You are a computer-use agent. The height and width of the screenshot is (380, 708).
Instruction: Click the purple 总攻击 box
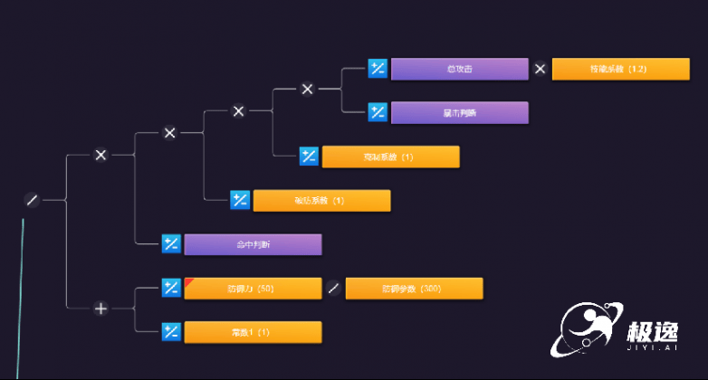[459, 69]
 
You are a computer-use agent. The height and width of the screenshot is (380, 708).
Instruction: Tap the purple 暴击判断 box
[459, 112]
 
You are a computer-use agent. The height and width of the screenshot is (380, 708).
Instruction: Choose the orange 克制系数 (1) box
[390, 157]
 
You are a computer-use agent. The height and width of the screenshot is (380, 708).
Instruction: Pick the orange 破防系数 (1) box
[321, 200]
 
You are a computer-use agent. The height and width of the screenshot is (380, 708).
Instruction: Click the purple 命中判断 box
[253, 244]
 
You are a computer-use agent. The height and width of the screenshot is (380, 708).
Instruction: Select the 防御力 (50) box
[253, 289]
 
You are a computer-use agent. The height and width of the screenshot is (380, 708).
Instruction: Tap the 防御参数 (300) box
[414, 289]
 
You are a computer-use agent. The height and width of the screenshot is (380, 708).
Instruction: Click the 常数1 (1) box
[253, 332]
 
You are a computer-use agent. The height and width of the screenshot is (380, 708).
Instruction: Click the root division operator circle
[33, 200]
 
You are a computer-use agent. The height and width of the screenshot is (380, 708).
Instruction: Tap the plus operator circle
[100, 309]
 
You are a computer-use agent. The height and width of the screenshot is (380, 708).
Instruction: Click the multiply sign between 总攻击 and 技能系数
[541, 69]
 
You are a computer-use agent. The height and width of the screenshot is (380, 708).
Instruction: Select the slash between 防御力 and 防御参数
[333, 289]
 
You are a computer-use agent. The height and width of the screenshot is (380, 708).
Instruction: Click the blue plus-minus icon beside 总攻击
[378, 69]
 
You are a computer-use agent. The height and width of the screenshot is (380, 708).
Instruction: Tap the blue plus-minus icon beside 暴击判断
[378, 112]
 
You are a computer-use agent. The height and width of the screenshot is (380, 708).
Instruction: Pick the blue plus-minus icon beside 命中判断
[171, 244]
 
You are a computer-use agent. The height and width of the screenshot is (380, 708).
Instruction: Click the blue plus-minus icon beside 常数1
[171, 332]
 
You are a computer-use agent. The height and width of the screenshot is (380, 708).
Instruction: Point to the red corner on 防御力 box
[189, 282]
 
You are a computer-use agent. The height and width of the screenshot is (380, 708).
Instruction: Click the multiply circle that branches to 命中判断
[100, 155]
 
